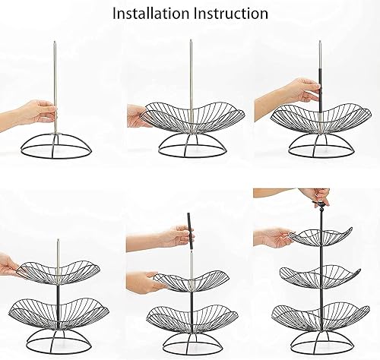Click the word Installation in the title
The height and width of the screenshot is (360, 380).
150,14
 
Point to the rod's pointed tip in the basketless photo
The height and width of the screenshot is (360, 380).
55,42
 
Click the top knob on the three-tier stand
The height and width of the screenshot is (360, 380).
321,204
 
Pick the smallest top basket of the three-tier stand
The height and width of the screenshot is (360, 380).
320,236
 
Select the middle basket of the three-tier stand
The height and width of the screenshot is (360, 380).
320,276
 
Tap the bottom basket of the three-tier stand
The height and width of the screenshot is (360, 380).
321,315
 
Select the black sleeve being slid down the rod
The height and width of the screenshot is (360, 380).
320,90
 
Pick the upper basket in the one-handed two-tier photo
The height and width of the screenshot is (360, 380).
58,271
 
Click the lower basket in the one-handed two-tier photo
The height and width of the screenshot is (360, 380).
59,313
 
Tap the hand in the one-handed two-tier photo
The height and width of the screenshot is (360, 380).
10,266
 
